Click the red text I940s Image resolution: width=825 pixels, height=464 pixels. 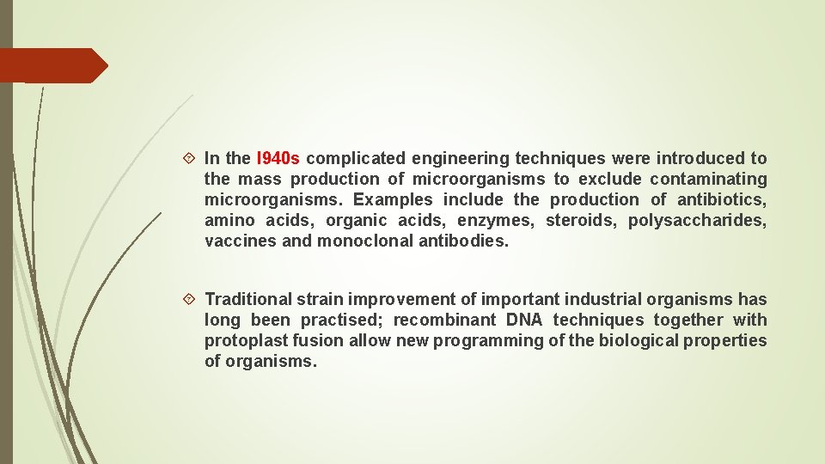point(278,158)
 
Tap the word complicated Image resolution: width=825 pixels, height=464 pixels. point(355,158)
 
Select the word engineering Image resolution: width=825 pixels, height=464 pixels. point(460,158)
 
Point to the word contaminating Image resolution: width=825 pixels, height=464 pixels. point(708,179)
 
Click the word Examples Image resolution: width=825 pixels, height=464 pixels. point(394,199)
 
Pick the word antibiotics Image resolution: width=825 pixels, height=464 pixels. point(721,199)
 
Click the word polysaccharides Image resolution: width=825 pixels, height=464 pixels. point(697,220)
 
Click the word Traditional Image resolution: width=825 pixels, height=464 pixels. point(248,299)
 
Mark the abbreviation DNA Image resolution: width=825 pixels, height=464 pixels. point(524,320)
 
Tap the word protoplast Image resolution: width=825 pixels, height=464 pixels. point(242,340)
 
